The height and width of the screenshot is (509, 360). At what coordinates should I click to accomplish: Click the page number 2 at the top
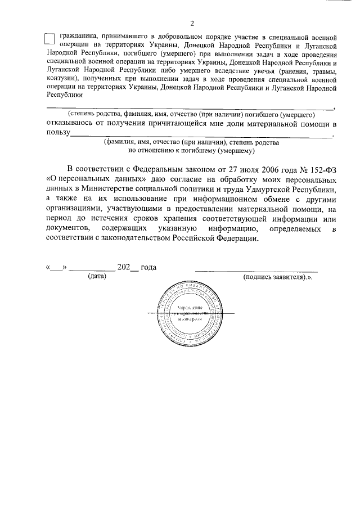pos(192,23)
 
